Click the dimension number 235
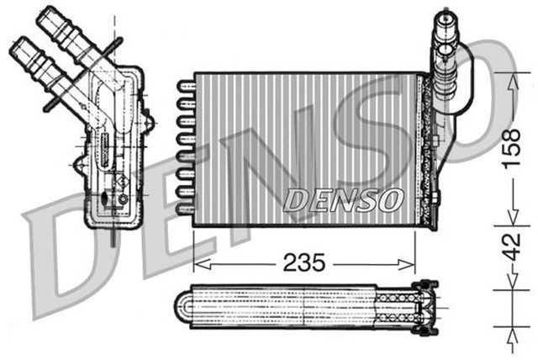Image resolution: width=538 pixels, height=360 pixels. tap(303, 262)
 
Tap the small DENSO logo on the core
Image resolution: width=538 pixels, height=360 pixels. tap(345, 199)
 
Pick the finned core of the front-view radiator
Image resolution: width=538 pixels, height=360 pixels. tap(303, 143)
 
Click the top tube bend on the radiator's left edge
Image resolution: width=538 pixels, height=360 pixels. tap(183, 86)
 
